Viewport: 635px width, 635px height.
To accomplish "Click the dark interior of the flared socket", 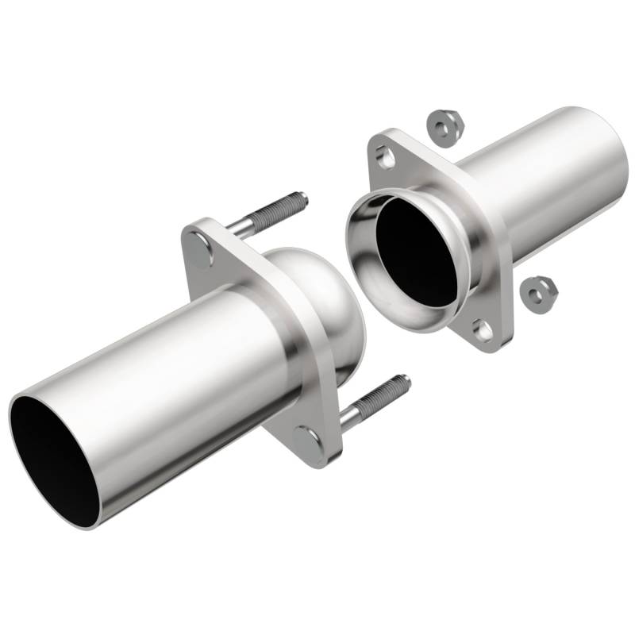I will click(x=417, y=250).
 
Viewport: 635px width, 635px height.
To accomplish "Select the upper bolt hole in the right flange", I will click(x=387, y=157).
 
